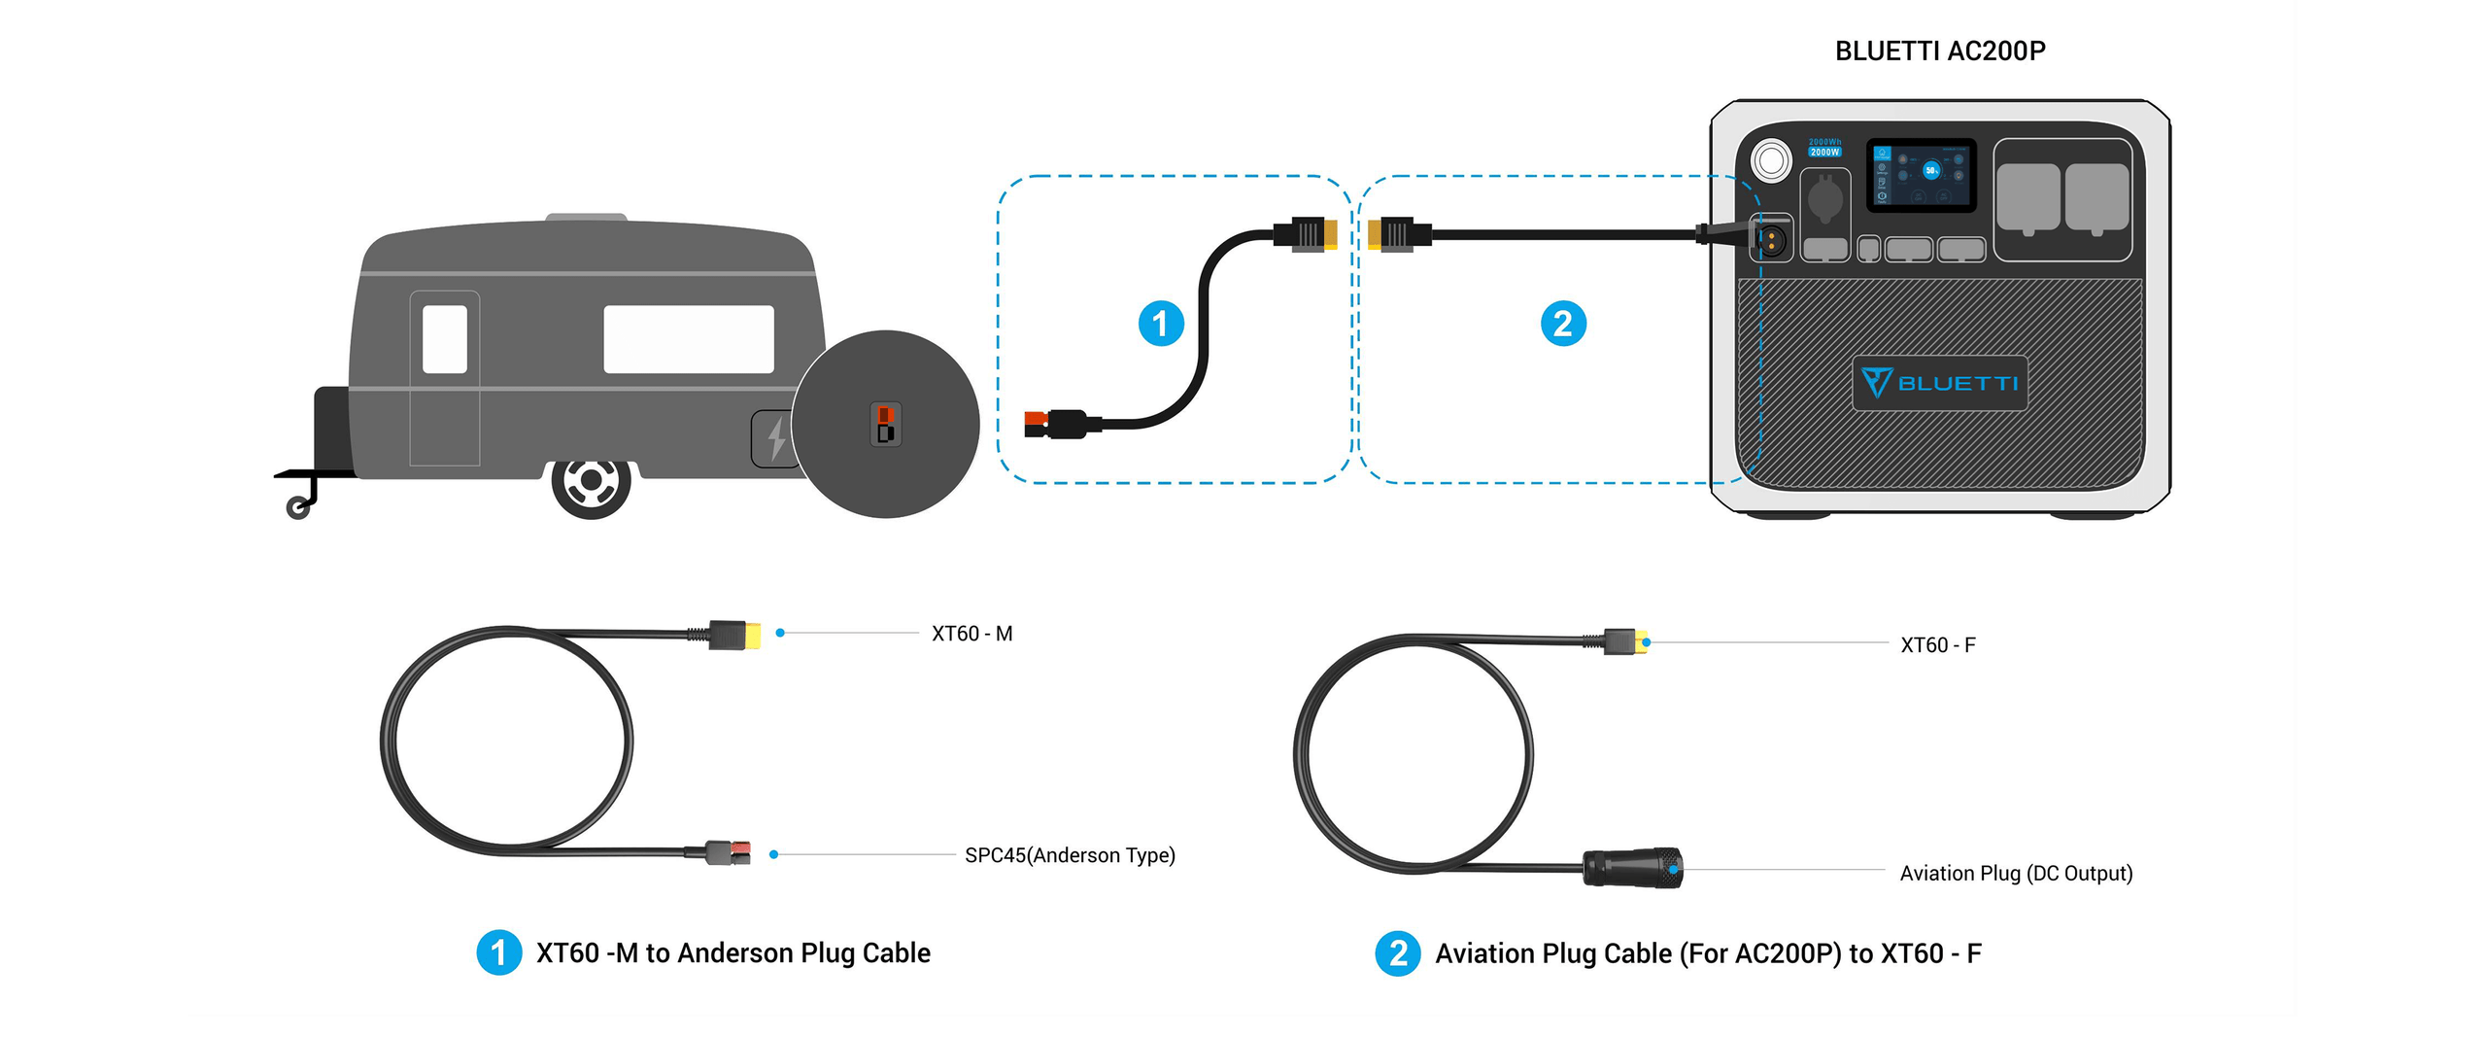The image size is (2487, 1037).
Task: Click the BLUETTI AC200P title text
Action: [1939, 51]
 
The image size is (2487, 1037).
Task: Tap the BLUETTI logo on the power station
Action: [1939, 383]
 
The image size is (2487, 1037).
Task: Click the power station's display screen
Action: [1921, 175]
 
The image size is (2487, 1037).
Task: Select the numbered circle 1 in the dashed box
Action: [1161, 324]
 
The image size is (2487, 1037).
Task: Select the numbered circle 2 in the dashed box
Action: [1563, 324]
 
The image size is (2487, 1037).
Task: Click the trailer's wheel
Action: [591, 482]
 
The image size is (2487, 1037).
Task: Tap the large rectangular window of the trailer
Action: [688, 339]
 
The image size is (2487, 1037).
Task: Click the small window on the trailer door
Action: [445, 339]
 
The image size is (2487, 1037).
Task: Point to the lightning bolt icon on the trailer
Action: [776, 438]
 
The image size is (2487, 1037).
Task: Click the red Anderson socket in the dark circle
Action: [885, 416]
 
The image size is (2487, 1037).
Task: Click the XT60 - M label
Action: [971, 634]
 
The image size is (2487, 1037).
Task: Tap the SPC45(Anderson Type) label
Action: [1070, 855]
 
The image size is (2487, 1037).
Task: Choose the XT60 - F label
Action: [1937, 645]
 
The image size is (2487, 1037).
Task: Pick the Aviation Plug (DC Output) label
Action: [2016, 874]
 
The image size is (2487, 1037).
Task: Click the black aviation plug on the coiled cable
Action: [1632, 867]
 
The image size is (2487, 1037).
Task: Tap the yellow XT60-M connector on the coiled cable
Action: [751, 636]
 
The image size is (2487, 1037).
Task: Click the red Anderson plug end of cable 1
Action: [1036, 425]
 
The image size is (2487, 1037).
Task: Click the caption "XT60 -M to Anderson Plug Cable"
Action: [732, 953]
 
